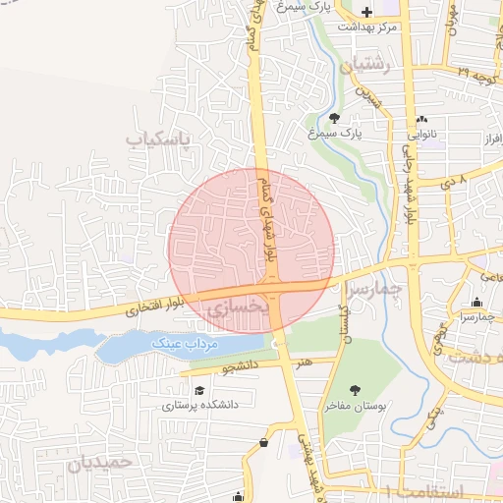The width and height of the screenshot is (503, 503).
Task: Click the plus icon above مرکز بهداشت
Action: tap(367, 13)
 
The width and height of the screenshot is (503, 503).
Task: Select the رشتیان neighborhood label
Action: tap(364, 67)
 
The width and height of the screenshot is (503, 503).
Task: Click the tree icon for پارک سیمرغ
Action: tap(334, 118)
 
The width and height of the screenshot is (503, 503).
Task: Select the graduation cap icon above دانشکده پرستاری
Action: tap(200, 391)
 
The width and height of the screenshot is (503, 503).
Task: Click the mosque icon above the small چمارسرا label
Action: tap(476, 302)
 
